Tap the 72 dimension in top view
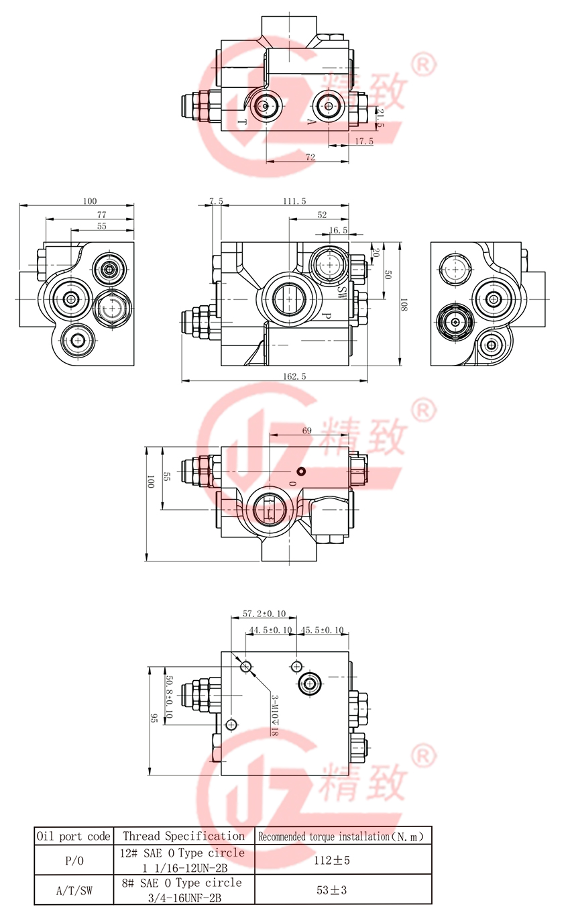(x=310, y=156)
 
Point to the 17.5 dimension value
(x=363, y=141)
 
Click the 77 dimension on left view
(x=102, y=215)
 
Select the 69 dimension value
(x=306, y=431)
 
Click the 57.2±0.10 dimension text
(x=264, y=614)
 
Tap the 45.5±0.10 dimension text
(x=322, y=630)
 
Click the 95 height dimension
(x=154, y=718)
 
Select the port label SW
(x=341, y=291)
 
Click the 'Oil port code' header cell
(x=72, y=836)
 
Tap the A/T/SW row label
(x=72, y=891)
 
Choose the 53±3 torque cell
(x=341, y=891)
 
